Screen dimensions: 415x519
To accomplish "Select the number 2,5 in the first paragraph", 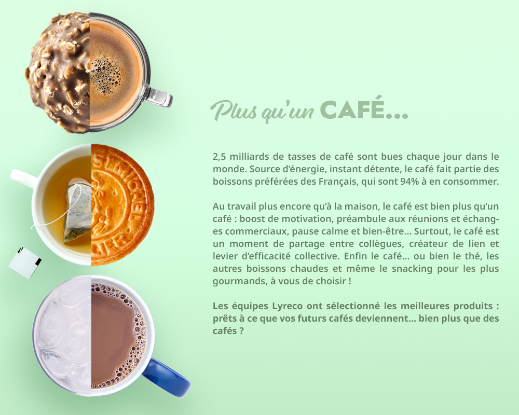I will [x=219, y=156].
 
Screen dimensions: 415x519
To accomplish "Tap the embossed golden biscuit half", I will [x=121, y=205].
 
